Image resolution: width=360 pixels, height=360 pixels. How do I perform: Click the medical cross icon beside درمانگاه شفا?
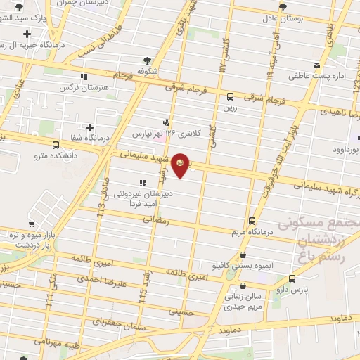(89, 127)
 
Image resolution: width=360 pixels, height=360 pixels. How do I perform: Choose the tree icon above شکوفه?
(146, 60)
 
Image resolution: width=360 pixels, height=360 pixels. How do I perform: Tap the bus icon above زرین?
(231, 97)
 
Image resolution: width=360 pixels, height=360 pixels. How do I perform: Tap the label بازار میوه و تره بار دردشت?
(29, 238)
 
